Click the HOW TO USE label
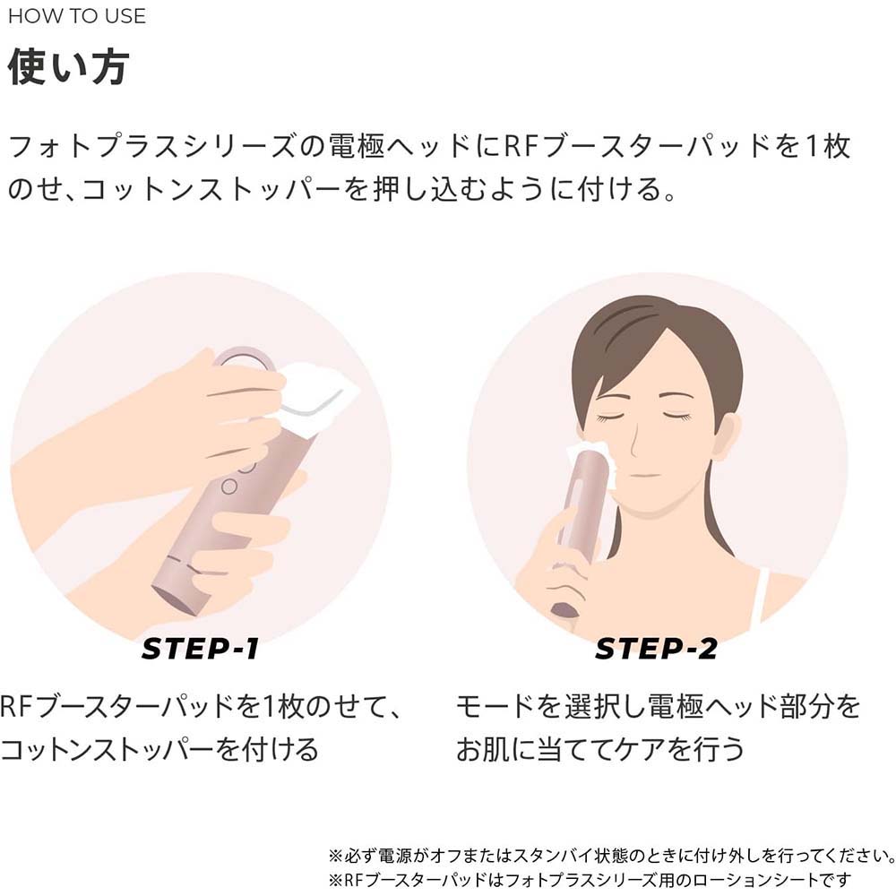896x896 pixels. (77, 16)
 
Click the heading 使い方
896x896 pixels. (68, 67)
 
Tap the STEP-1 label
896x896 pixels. (200, 649)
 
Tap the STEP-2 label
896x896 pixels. (656, 649)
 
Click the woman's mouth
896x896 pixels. (644, 474)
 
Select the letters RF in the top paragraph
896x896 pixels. (521, 146)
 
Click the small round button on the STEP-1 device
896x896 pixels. (228, 487)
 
